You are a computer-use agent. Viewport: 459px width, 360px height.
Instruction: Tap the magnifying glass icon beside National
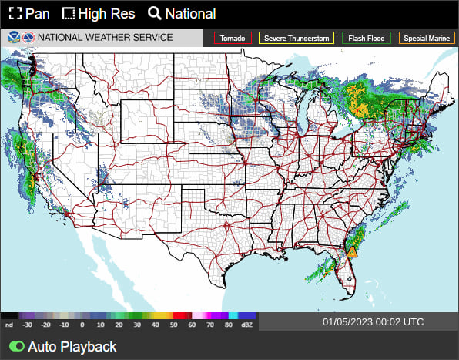click(x=154, y=13)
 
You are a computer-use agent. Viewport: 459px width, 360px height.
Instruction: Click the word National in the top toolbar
click(x=190, y=13)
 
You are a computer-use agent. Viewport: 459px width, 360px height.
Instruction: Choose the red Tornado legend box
click(x=233, y=38)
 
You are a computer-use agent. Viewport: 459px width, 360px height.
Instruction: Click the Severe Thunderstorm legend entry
click(x=297, y=38)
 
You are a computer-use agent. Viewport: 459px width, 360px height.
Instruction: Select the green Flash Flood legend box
click(x=367, y=38)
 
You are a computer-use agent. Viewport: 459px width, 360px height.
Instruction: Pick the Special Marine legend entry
click(x=426, y=38)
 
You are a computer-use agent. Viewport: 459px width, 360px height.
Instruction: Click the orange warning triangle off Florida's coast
click(x=352, y=251)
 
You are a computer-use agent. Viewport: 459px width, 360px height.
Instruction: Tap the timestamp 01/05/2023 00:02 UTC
click(x=374, y=321)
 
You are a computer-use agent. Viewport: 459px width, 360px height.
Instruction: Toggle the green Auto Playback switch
click(x=15, y=347)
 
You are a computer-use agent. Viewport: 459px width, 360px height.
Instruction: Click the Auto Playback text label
click(x=72, y=347)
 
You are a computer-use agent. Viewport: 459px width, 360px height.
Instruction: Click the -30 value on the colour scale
click(x=28, y=326)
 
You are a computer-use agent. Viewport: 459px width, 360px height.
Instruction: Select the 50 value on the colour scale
click(x=176, y=326)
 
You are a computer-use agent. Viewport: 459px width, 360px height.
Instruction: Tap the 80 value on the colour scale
click(x=229, y=326)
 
